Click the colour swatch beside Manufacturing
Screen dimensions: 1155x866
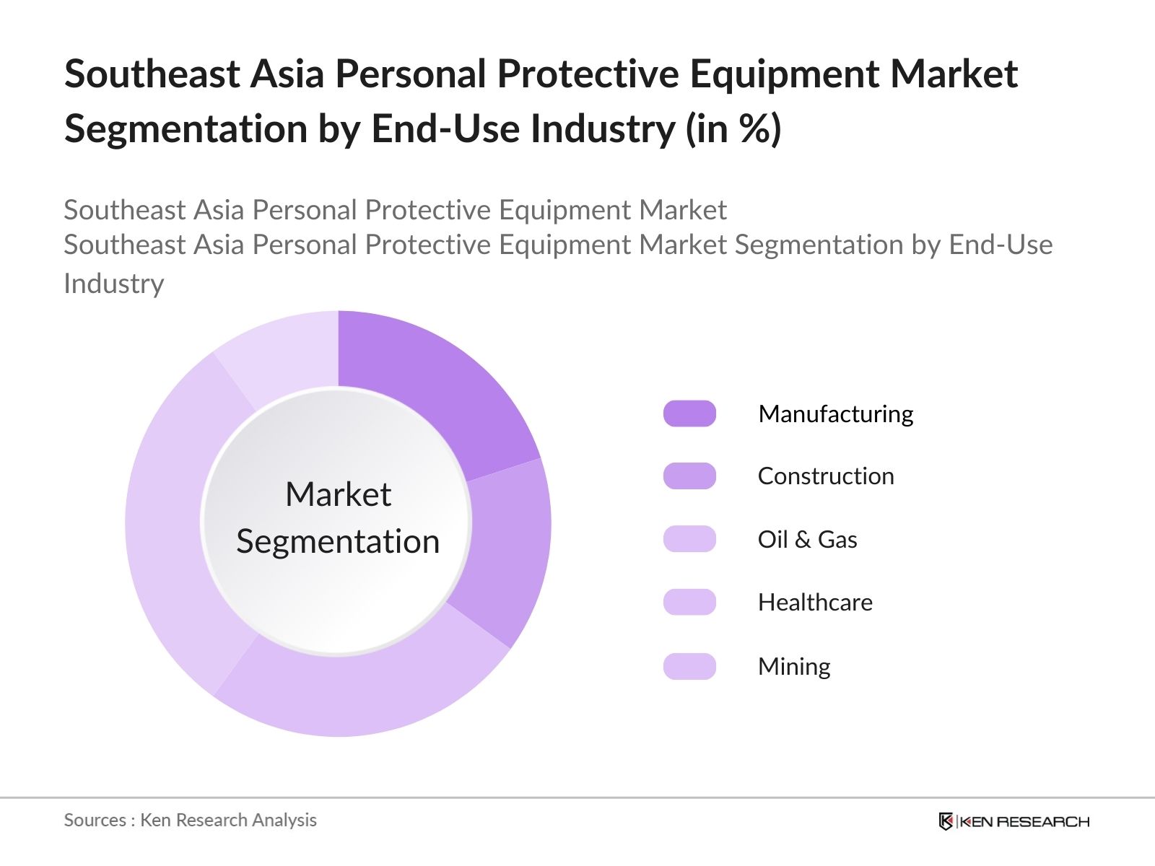tap(689, 414)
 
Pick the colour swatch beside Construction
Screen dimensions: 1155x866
tap(689, 476)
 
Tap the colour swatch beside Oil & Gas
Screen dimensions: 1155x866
tap(689, 539)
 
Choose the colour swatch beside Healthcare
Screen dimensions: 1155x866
tap(689, 602)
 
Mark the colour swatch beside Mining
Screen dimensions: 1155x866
tap(689, 666)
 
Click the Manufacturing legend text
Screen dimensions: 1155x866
tap(836, 414)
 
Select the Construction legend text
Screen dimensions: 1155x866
tap(826, 476)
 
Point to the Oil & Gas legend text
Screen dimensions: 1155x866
tap(808, 539)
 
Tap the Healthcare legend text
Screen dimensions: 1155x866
tap(815, 602)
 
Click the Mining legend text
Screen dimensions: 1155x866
tap(795, 667)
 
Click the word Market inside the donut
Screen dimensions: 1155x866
tap(339, 494)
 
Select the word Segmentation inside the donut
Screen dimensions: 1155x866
tap(338, 541)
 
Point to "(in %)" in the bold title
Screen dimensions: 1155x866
tap(733, 128)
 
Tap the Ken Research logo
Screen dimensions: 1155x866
tap(1014, 821)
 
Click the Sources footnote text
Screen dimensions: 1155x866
tap(191, 821)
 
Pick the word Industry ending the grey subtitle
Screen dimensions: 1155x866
tap(114, 284)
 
